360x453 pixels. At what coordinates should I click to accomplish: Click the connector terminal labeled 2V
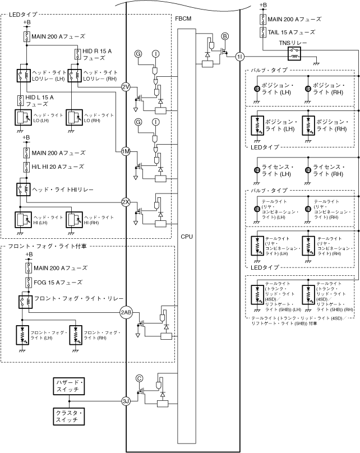point(126,87)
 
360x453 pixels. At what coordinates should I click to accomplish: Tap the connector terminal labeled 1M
point(126,151)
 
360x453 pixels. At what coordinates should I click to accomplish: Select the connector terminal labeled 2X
point(126,202)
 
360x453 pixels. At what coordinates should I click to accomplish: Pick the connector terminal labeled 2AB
point(126,312)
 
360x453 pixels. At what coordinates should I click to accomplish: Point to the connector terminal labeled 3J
point(126,400)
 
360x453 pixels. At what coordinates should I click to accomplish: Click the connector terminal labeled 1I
point(240,56)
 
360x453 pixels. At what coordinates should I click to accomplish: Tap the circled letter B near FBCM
point(225,36)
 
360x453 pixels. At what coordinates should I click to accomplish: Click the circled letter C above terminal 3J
point(139,378)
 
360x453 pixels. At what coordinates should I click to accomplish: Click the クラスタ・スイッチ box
point(69,417)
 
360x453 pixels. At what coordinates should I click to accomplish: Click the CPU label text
point(187,236)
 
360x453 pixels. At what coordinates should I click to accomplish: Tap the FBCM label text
point(183,19)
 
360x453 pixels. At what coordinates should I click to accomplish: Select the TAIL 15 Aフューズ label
point(291,33)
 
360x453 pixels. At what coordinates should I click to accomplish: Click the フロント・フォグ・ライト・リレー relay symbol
point(24,300)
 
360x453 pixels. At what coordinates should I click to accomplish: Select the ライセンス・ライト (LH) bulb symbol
point(256,170)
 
